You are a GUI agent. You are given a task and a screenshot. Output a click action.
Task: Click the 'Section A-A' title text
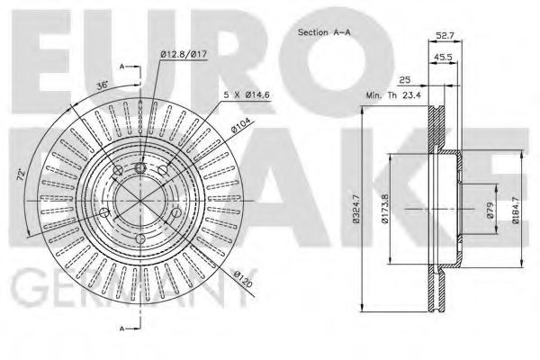[324, 32]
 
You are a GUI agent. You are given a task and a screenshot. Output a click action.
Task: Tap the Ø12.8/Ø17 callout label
[184, 54]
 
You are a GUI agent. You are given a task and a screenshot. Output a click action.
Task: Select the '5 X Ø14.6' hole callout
[247, 94]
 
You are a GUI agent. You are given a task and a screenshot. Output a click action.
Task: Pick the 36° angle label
[103, 85]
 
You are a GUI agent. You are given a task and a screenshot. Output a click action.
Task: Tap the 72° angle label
[22, 175]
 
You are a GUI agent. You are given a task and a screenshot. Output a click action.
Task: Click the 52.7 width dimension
[445, 35]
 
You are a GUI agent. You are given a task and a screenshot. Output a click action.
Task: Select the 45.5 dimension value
[443, 58]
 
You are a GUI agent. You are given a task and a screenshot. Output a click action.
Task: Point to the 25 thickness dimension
[405, 80]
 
